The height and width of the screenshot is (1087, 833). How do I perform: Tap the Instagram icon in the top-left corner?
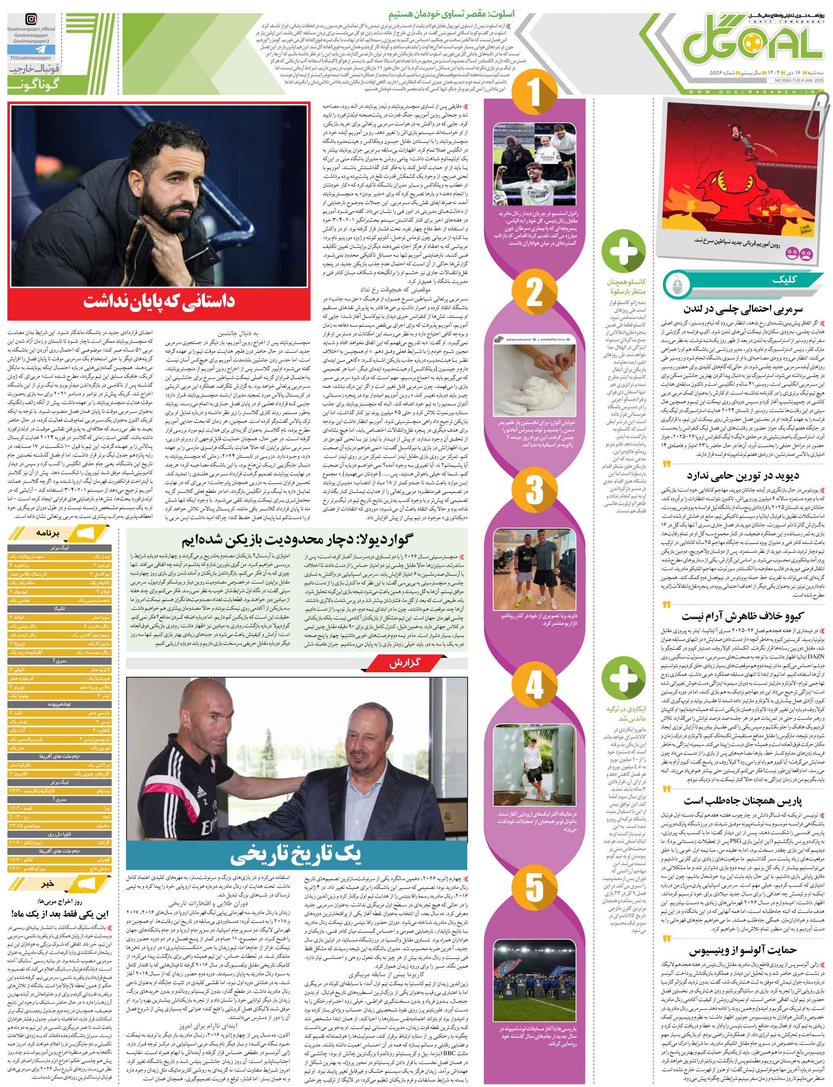(x=31, y=20)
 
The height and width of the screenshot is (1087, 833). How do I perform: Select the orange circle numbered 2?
(x=535, y=293)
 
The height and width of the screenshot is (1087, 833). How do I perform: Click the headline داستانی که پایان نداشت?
(x=159, y=301)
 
